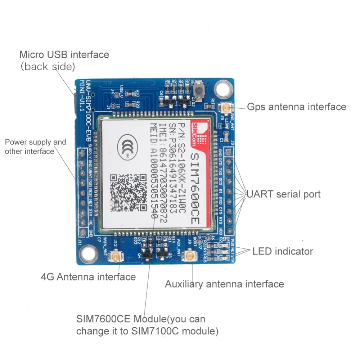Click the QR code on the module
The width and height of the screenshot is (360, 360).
[129, 192]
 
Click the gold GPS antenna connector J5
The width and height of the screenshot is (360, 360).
[227, 107]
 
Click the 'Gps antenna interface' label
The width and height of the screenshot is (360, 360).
[296, 107]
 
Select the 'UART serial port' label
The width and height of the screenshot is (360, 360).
[283, 194]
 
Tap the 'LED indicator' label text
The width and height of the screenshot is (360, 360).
[283, 251]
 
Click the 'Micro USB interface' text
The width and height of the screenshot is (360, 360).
[64, 55]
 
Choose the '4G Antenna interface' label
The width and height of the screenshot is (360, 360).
[88, 277]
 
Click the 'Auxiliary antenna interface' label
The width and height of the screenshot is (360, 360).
[224, 284]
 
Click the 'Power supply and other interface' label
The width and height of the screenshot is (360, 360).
[35, 147]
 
